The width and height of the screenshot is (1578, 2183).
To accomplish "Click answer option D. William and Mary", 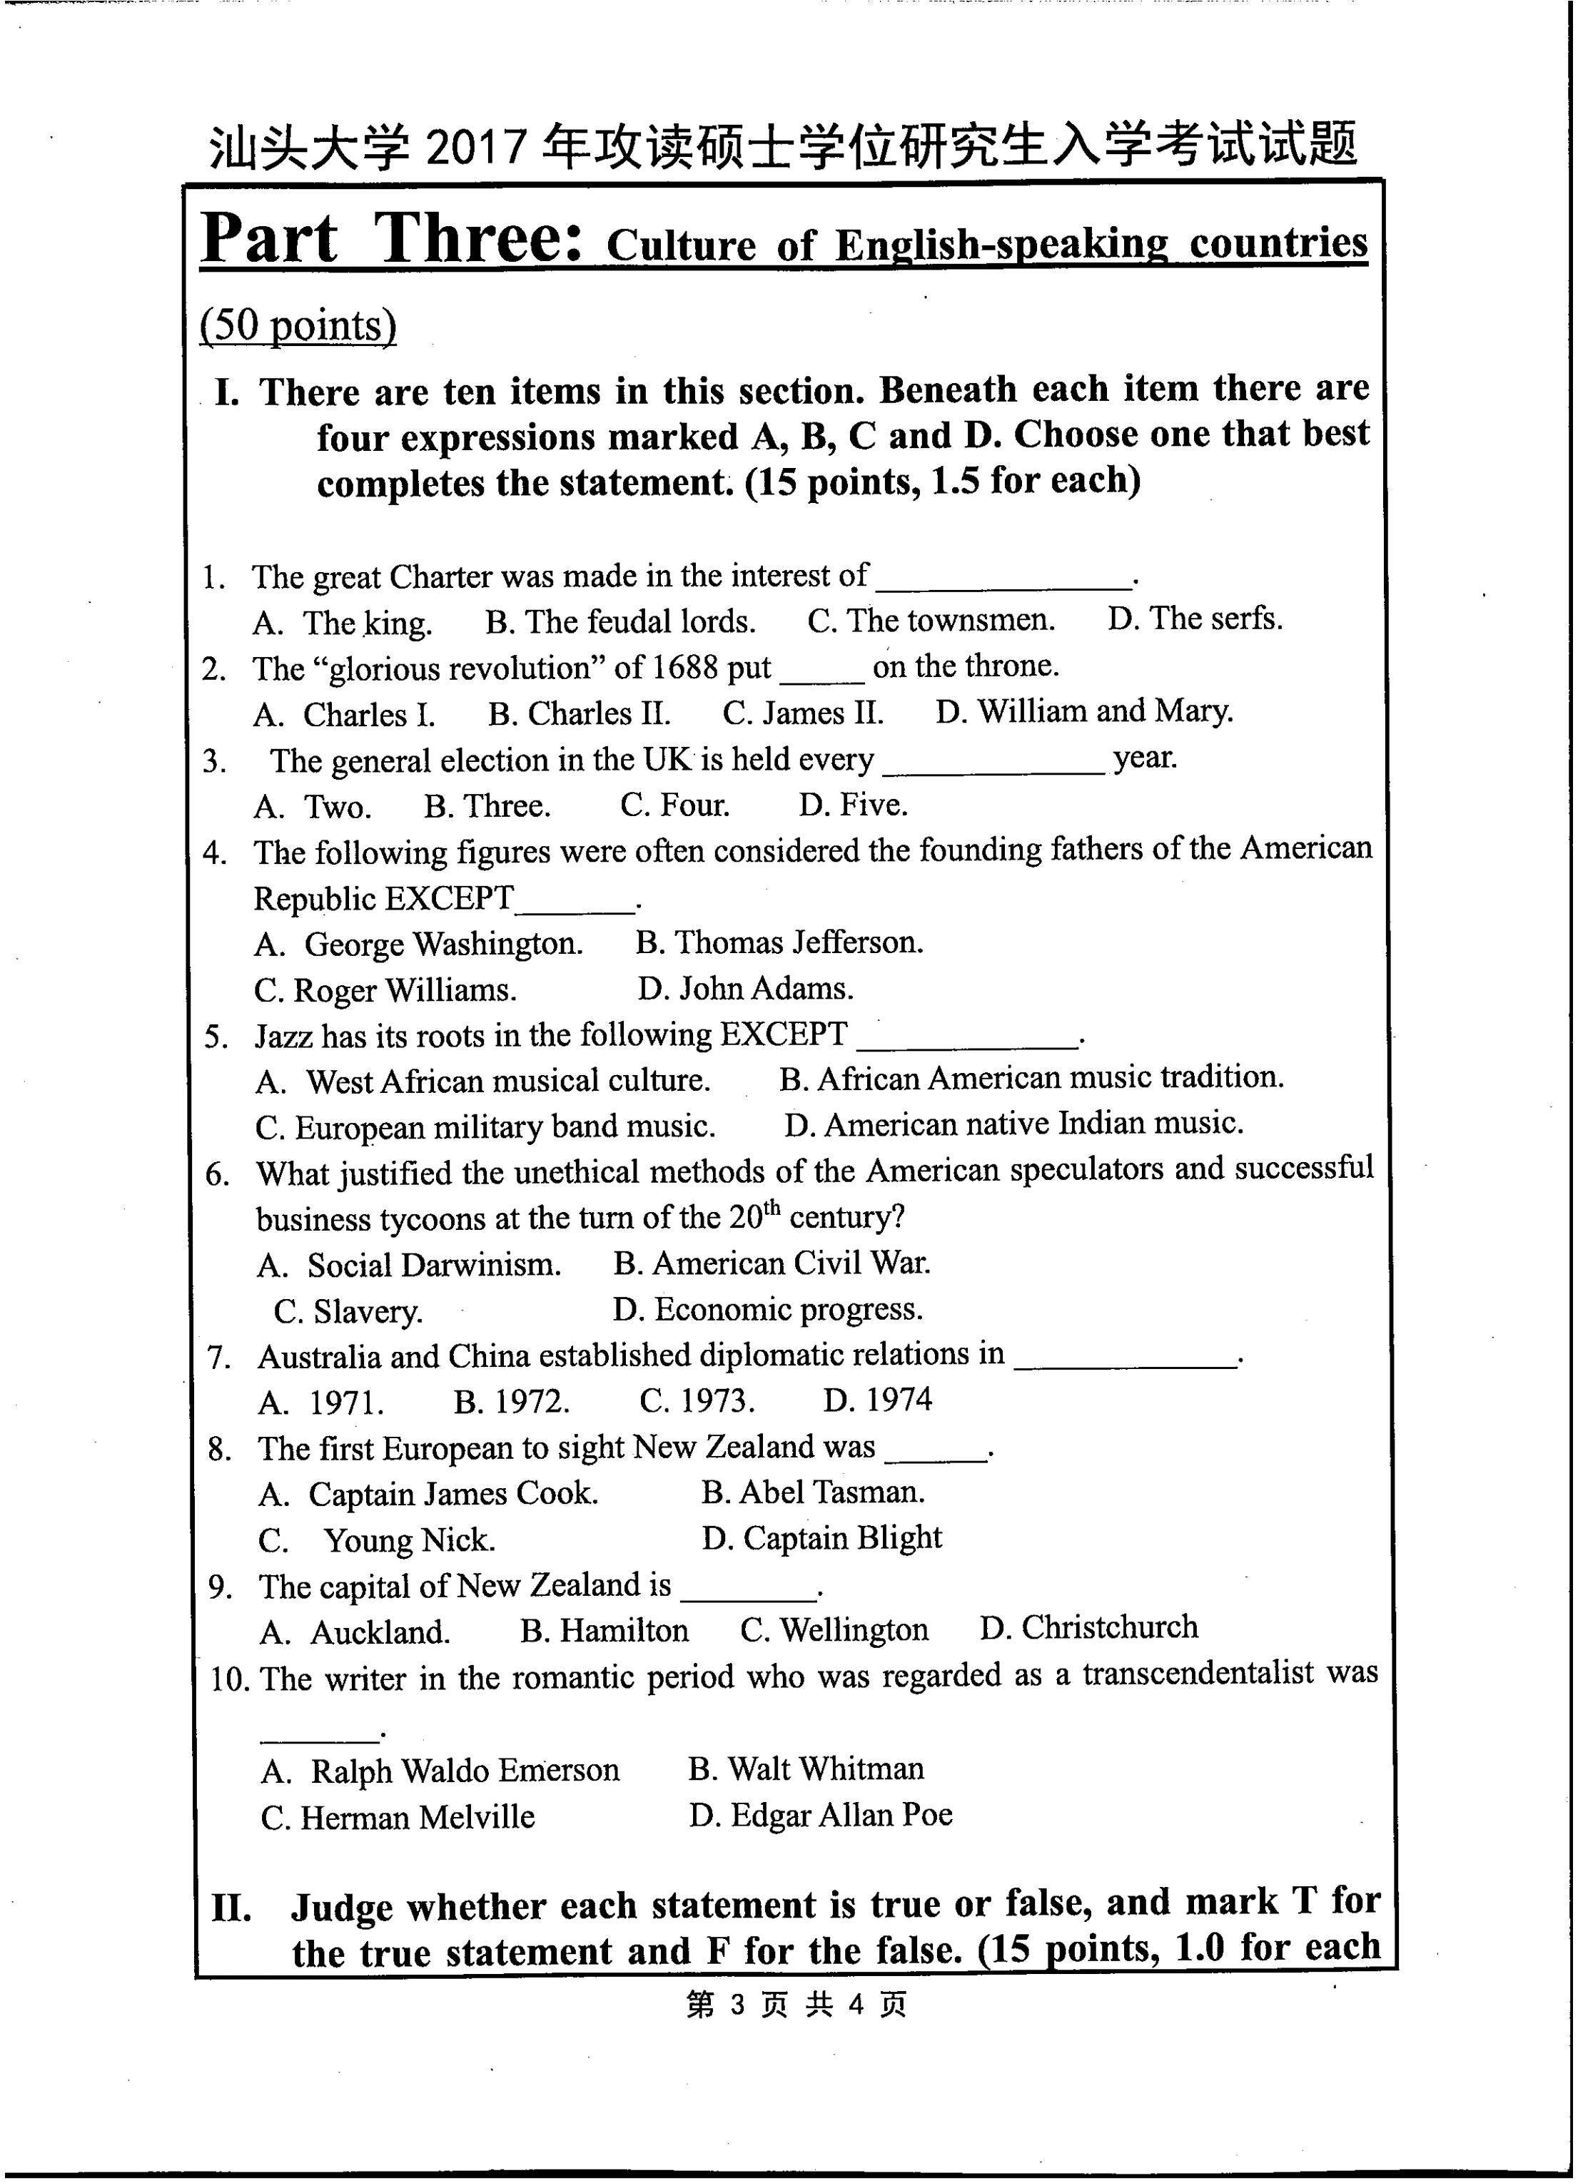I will pyautogui.click(x=1083, y=711).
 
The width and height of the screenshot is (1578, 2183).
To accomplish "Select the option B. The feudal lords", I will pyautogui.click(x=620, y=622).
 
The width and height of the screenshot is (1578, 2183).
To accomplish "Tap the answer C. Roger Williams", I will pyautogui.click(x=385, y=990).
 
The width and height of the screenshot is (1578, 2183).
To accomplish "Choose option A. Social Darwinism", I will pyautogui.click(x=409, y=1265).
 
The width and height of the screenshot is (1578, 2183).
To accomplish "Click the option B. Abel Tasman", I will pyautogui.click(x=813, y=1492).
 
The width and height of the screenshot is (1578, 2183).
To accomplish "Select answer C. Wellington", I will pyautogui.click(x=834, y=1629).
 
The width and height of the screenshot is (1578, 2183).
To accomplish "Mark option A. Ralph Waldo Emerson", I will pyautogui.click(x=440, y=1770).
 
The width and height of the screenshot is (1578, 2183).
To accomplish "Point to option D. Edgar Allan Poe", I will pyautogui.click(x=820, y=1816).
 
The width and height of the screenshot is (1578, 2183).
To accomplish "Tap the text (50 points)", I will pyautogui.click(x=298, y=325).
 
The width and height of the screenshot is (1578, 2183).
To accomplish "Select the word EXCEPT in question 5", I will pyautogui.click(x=784, y=1034).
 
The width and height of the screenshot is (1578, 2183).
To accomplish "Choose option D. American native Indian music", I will pyautogui.click(x=1013, y=1124).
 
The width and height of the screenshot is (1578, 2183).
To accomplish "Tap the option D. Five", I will pyautogui.click(x=853, y=805).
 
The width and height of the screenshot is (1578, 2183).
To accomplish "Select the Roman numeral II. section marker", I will pyautogui.click(x=231, y=1908).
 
